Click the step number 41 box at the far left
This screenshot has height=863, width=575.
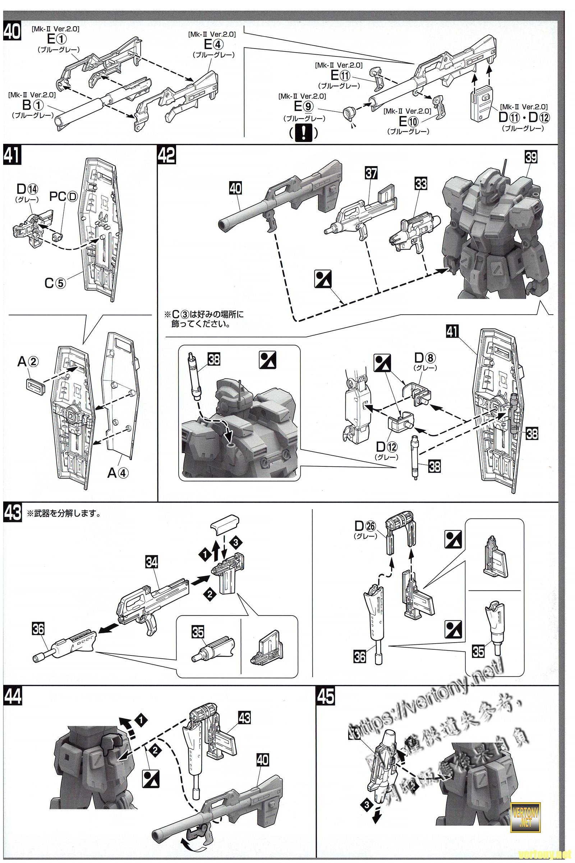tap(12, 155)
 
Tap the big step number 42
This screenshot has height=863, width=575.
tap(167, 155)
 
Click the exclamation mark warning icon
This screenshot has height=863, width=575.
tap(303, 133)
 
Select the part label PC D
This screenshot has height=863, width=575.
tap(64, 197)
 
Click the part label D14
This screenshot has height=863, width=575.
tap(27, 190)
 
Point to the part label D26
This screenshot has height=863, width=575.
tap(365, 526)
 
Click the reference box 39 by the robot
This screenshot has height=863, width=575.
tap(531, 157)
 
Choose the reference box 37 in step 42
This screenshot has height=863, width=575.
tap(371, 173)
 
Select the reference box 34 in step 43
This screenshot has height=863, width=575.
tap(151, 562)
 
